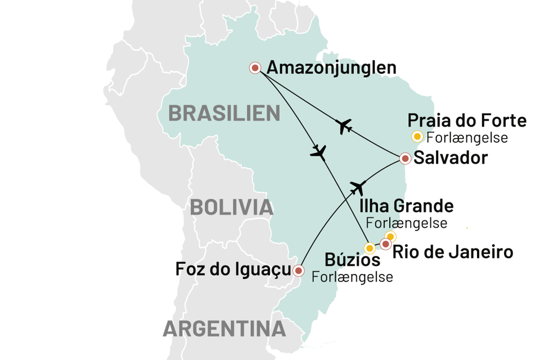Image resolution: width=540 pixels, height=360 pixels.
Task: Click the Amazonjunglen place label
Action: (x=332, y=68)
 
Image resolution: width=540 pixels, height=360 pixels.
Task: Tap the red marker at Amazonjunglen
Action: (x=255, y=68)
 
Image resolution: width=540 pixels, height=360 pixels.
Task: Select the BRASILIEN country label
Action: (x=224, y=113)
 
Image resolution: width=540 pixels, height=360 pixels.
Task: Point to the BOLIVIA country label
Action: (x=232, y=207)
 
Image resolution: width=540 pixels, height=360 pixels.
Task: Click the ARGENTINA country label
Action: (x=224, y=328)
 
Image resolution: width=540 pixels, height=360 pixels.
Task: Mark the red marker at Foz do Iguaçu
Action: (x=299, y=271)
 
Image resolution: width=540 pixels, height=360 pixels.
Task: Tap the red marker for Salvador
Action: (x=405, y=159)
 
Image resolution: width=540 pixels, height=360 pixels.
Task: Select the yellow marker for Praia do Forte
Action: (x=417, y=136)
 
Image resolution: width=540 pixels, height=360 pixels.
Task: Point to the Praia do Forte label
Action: (x=467, y=120)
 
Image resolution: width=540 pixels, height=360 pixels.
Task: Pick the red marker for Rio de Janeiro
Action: (x=385, y=244)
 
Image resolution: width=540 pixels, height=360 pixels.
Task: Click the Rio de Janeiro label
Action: (x=453, y=252)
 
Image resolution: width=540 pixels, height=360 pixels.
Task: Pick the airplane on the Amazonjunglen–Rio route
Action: (x=319, y=152)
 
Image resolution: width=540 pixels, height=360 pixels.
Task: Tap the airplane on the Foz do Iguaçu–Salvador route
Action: (x=358, y=187)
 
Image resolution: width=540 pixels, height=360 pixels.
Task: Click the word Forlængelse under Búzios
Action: (x=352, y=277)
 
